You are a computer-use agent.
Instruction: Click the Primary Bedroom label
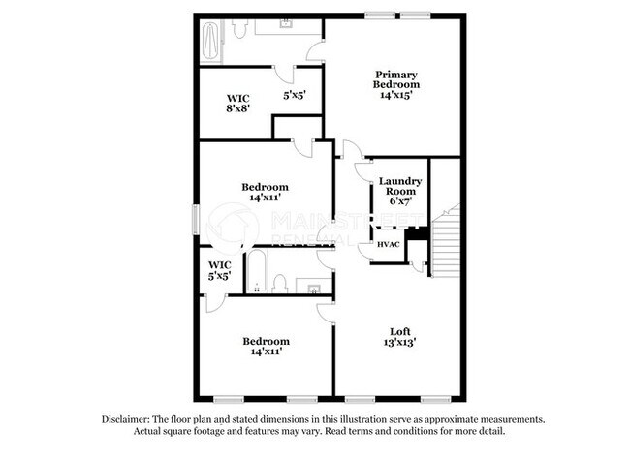coord(395,80)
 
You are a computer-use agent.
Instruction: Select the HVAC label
coord(389,244)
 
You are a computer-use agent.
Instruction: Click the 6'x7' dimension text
coord(398,202)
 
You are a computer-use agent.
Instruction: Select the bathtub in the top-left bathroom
coord(211,42)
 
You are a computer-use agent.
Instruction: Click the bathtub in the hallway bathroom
coord(256,271)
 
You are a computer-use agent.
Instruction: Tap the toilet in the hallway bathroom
coord(279,283)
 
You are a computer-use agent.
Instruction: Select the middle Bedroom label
coord(265,187)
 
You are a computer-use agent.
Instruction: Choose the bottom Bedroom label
coord(265,341)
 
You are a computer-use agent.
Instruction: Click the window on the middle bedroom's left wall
coord(195,218)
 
